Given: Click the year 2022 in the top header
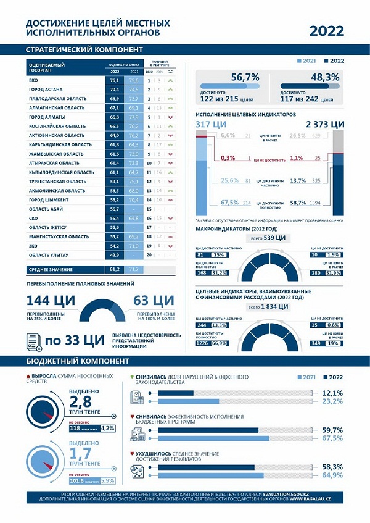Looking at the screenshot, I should point(326,31).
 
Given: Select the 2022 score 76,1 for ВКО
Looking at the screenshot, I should point(115,80).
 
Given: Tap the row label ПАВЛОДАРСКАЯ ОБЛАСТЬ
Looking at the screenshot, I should point(57,98).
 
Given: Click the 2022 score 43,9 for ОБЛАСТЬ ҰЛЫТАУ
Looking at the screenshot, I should point(115,255).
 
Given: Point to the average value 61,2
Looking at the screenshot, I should point(115,270).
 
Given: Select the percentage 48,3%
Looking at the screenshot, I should point(325,78).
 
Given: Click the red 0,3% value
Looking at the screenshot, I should point(228,158).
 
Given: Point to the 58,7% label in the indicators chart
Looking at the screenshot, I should point(298,203).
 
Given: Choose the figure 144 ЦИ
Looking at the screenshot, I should point(51,301).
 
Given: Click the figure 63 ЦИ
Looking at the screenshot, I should point(154,301).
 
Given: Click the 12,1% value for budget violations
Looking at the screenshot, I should point(332,393).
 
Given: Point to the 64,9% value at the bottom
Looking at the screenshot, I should point(332,476).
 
